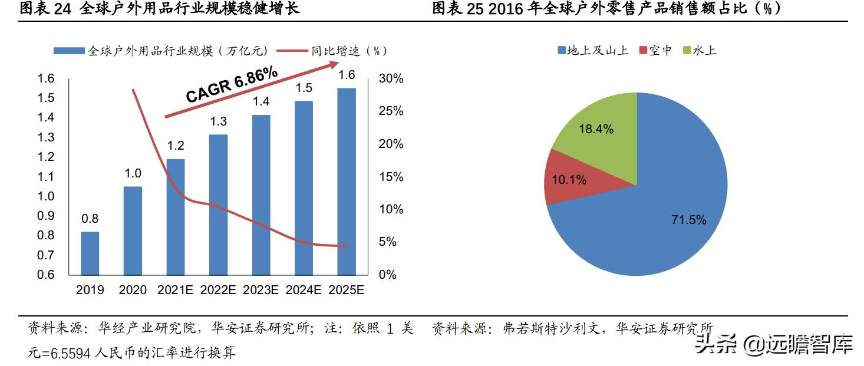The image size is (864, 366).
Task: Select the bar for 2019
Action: click(90, 253)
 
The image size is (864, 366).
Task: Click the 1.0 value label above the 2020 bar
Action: click(133, 173)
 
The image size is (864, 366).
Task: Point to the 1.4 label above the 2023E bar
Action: click(261, 101)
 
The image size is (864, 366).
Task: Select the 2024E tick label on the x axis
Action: click(304, 290)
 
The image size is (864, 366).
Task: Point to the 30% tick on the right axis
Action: click(391, 79)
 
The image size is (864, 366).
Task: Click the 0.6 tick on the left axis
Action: click(45, 275)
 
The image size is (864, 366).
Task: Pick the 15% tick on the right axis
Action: click(391, 177)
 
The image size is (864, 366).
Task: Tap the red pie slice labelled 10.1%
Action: click(569, 179)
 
